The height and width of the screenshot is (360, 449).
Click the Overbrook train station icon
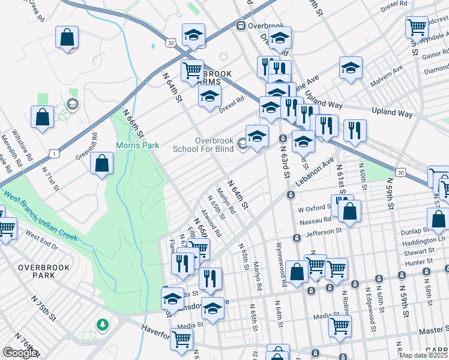click(x=241, y=25)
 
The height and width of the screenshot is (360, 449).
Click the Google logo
click(x=20, y=353)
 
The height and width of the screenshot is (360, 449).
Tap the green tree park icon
click(x=103, y=325)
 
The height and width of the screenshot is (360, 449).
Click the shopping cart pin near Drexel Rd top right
click(x=416, y=26)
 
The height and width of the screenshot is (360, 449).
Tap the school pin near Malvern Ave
click(x=351, y=68)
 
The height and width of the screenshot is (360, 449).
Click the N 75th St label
click(x=44, y=308)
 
